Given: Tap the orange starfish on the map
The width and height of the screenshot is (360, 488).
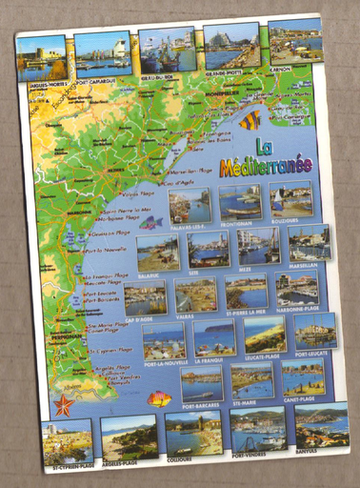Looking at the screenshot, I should pyautogui.click(x=64, y=404).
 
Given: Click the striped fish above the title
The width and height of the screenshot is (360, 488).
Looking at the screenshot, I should pyautogui.click(x=250, y=120).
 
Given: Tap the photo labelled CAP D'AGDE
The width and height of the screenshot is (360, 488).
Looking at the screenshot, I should pyautogui.click(x=145, y=297).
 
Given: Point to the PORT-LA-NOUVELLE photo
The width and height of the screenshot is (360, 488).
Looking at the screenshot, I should pyautogui.click(x=163, y=339).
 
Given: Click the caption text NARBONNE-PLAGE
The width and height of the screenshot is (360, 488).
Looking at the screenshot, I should pyautogui.click(x=297, y=311).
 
